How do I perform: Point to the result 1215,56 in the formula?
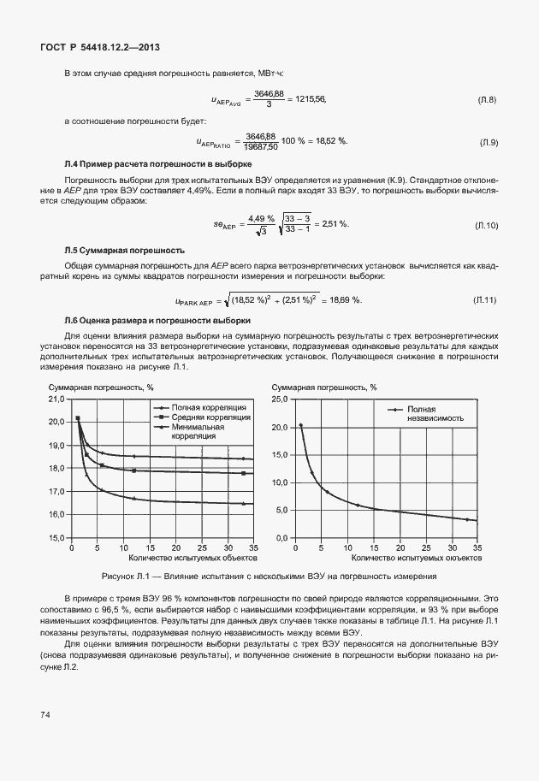coord(306,100)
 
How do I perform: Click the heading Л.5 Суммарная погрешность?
coord(125,251)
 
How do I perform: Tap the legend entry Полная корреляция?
coord(209,407)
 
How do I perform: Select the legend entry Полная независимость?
coord(435,414)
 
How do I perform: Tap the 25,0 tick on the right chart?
coord(280,399)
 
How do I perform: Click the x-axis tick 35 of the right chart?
coord(477,547)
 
